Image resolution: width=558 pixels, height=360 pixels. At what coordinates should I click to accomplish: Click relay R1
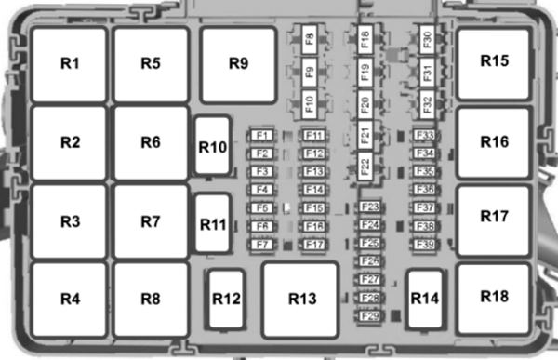71,64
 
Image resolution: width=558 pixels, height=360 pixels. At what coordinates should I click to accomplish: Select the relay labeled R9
239,64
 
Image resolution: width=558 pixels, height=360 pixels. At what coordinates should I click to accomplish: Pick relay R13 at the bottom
302,299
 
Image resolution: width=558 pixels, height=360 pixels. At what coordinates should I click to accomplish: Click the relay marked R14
425,299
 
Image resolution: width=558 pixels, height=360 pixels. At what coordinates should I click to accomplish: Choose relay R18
494,297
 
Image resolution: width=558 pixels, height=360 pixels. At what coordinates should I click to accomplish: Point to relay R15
494,61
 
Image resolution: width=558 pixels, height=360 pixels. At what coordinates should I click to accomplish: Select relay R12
226,299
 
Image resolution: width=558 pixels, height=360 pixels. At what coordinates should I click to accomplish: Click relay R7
152,221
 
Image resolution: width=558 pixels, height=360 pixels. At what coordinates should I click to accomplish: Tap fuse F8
309,41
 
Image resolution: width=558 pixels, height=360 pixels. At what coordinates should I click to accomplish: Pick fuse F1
262,136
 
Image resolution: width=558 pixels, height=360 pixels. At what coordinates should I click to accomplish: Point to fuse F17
314,245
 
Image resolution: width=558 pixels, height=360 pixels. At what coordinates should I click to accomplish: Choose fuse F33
425,136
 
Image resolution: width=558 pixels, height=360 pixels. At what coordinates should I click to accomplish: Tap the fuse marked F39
425,244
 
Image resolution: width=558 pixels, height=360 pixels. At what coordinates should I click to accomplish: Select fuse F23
370,207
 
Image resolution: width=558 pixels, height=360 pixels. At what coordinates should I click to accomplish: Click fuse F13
314,172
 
